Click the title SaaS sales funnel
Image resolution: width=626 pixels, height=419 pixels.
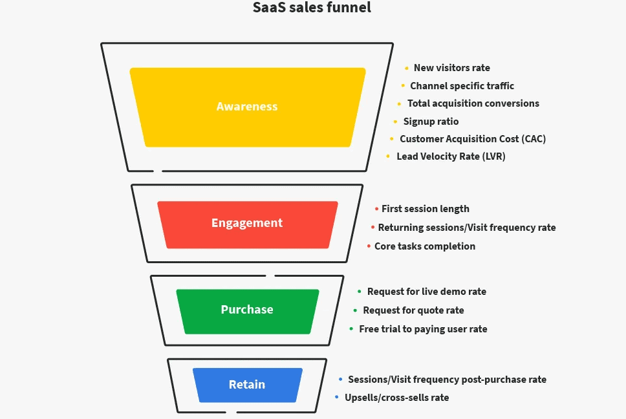point(312,8)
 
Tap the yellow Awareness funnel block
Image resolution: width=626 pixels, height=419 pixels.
point(247,107)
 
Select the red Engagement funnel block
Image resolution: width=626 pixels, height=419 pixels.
point(247,223)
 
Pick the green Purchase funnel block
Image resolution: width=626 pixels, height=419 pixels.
point(247,310)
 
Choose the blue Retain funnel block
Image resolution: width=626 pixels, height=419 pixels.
point(247,385)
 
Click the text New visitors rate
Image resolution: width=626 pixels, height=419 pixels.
point(451,68)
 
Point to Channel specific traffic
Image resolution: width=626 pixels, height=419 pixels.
point(462,85)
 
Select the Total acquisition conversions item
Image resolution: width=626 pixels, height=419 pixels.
point(473,103)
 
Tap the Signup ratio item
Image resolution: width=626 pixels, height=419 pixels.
point(431,122)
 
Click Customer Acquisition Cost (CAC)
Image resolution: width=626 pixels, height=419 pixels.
point(473,139)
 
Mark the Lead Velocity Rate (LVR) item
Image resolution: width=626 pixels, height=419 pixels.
point(451,156)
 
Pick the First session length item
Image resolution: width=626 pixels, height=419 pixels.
point(425,209)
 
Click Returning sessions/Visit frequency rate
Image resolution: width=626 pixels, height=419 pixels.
point(466,228)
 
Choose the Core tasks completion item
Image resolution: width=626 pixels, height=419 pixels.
point(424,246)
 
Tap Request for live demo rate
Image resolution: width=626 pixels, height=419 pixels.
point(426,292)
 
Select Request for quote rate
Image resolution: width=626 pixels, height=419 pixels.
point(413,310)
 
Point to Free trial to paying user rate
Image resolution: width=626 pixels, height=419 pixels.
point(423,329)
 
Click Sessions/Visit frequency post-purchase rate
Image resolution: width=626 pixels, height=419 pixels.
point(447,380)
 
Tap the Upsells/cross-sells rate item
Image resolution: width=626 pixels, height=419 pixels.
point(396,398)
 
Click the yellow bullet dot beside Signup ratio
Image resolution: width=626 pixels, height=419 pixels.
point(395,122)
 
